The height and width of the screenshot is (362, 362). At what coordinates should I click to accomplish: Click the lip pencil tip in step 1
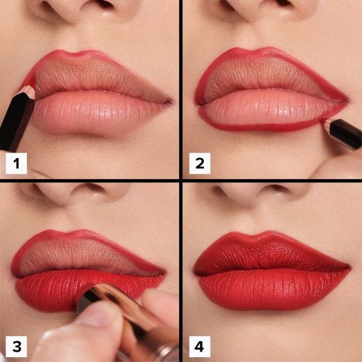click(30, 85)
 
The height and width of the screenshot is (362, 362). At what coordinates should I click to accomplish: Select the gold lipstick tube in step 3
click(129, 317)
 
